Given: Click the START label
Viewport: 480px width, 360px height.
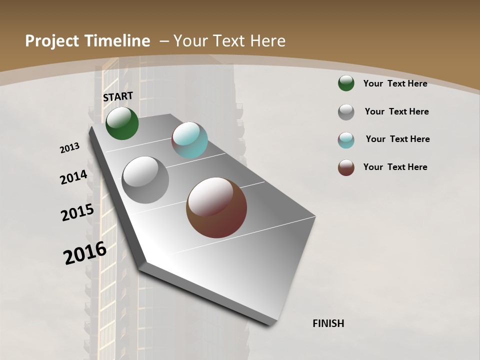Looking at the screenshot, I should click(118, 96).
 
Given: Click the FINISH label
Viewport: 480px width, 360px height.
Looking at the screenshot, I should click(328, 323).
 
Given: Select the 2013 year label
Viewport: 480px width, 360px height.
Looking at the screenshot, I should click(69, 148).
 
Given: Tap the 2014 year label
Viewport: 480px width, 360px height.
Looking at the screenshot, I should click(73, 177).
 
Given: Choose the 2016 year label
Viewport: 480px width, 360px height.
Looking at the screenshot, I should click(85, 253).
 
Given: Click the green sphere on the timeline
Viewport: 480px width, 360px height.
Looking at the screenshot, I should click(122, 123).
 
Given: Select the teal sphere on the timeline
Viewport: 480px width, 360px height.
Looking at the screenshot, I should click(189, 140).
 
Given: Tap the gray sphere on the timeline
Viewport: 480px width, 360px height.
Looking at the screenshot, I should click(145, 180).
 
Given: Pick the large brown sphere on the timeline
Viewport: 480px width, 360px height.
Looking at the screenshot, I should click(216, 207).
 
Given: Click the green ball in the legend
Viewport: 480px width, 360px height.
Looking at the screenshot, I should click(346, 83).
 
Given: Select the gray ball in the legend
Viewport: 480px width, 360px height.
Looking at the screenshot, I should click(346, 112).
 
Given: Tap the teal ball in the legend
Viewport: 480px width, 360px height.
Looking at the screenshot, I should click(346, 140).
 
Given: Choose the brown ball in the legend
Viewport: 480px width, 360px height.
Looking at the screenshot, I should click(346, 167).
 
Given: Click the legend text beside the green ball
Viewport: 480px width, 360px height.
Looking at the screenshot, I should click(395, 83).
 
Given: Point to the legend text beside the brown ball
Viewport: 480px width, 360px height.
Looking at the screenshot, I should click(395, 167).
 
